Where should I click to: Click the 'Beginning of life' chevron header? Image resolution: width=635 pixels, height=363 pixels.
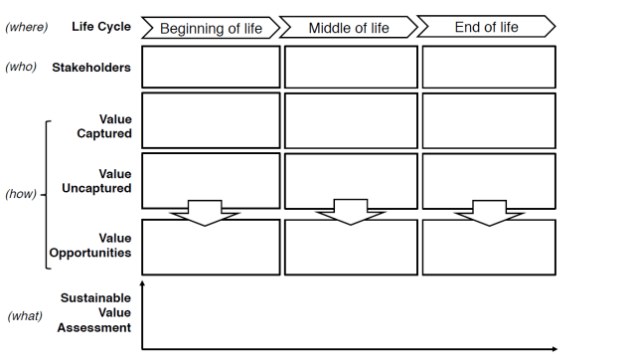tap(211, 28)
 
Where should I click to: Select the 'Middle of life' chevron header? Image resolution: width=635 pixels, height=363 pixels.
tap(348, 28)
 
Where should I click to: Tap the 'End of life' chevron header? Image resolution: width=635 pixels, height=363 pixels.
tap(486, 27)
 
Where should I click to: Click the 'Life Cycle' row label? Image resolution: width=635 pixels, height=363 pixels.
tap(101, 26)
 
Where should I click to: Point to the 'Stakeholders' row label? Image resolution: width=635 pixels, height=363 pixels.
tap(91, 68)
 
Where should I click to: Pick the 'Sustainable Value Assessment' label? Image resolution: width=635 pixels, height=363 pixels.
tap(95, 312)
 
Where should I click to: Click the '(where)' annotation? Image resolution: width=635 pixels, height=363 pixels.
tap(27, 26)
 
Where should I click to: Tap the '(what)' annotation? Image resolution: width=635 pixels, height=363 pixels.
tap(24, 316)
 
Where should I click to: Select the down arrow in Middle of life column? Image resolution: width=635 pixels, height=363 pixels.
tap(350, 212)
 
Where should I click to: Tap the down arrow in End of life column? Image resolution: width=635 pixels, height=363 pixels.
tap(490, 212)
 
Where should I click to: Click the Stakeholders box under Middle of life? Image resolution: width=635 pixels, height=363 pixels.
tap(351, 67)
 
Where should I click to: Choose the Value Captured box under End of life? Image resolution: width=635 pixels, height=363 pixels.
tap(488, 120)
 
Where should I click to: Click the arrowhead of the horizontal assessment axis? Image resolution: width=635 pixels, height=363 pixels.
tap(554, 349)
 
